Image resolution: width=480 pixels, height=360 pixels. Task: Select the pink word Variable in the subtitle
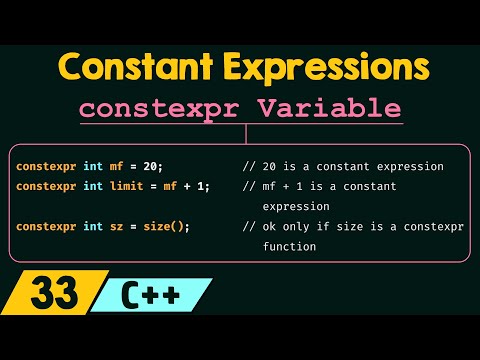tap(341, 108)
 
